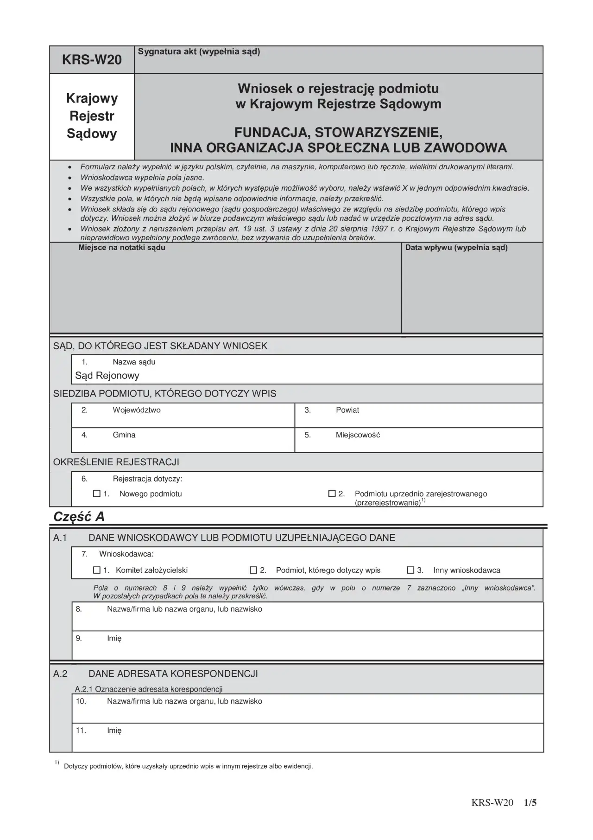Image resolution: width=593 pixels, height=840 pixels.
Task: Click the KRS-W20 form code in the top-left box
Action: pos(92,60)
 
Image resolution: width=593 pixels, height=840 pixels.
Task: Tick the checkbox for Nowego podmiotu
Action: pos(97,494)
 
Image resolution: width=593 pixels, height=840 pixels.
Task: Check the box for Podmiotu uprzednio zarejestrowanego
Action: pos(332,494)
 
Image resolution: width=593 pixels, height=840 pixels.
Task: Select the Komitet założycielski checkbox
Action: pos(97,570)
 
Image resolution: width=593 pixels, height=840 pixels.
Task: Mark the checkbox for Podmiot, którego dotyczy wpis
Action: pos(253,570)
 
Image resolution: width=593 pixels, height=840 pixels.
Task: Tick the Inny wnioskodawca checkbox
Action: pos(410,570)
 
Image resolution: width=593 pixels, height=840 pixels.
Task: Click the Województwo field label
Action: pos(137,410)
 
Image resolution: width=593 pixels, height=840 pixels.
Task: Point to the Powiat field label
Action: pos(347,410)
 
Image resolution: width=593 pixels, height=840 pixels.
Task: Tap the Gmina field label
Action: pos(124,435)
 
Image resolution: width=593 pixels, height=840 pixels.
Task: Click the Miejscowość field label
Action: pos(358,435)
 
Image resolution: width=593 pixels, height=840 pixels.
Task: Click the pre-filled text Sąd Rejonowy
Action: pos(107,375)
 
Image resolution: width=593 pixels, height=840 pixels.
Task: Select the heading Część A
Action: pos(79,517)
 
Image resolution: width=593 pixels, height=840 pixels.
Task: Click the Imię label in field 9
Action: pos(114,638)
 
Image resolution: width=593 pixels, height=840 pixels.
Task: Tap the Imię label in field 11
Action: pos(114,731)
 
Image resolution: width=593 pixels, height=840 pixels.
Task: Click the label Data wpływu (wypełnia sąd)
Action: pos(456,248)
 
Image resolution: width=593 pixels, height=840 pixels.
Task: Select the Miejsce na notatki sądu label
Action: pos(122,248)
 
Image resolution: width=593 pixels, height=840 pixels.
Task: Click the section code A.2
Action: pos(61,673)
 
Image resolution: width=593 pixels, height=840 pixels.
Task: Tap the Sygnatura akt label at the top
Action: pos(199,51)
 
